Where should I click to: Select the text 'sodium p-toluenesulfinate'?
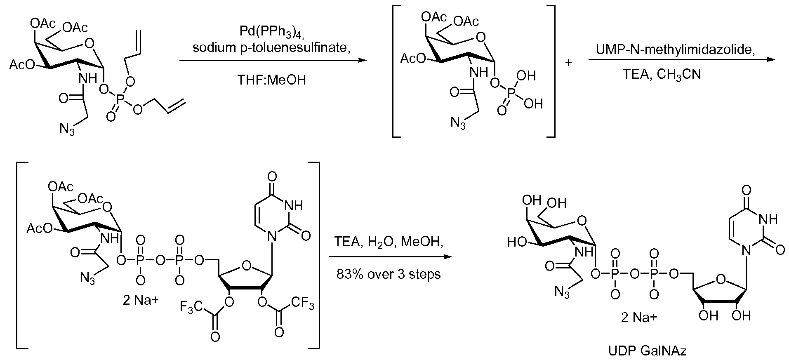click(x=271, y=48)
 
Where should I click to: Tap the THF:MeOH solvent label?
click(x=271, y=80)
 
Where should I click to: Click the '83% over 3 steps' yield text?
click(x=389, y=274)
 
